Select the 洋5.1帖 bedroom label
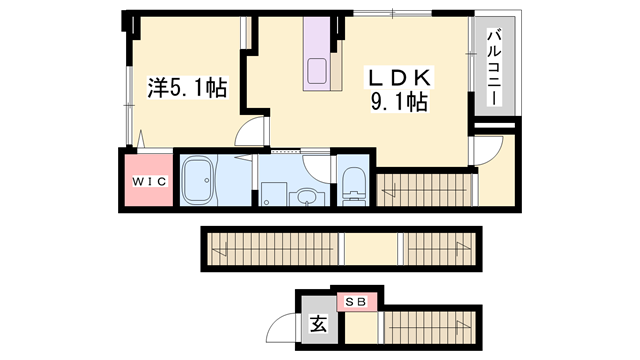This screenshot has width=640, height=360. pos(187,89)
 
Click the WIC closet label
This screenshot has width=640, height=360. pos(148,182)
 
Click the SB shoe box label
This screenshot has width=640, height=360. pos(357,300)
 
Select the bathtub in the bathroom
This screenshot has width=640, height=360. pos(200,181)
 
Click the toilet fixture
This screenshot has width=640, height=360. pos(352,184)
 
